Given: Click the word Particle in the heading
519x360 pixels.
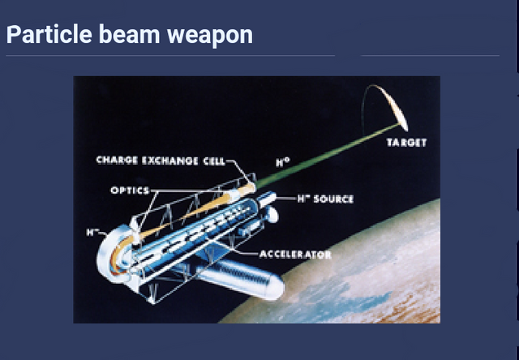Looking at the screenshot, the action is click(49, 34).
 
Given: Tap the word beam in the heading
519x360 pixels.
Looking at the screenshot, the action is click(130, 34).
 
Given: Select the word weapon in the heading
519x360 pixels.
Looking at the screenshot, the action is click(210, 36).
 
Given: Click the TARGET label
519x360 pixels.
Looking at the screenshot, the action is click(406, 143).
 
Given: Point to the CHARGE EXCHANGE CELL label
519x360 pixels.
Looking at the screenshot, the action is click(161, 161).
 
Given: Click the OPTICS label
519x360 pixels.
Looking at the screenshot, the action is click(130, 191).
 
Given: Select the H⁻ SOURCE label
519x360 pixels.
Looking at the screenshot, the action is click(325, 199).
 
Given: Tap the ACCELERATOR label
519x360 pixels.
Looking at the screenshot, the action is click(295, 254).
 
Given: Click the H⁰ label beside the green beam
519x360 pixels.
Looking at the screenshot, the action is click(282, 162).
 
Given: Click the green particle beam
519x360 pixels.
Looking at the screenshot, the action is click(328, 155).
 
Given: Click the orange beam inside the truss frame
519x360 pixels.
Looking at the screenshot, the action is click(195, 212).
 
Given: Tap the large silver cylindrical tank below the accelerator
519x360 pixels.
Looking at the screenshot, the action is click(239, 277).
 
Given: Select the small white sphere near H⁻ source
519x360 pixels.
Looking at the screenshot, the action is click(272, 214).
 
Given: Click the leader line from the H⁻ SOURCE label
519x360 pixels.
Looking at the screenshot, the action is click(286, 199).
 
